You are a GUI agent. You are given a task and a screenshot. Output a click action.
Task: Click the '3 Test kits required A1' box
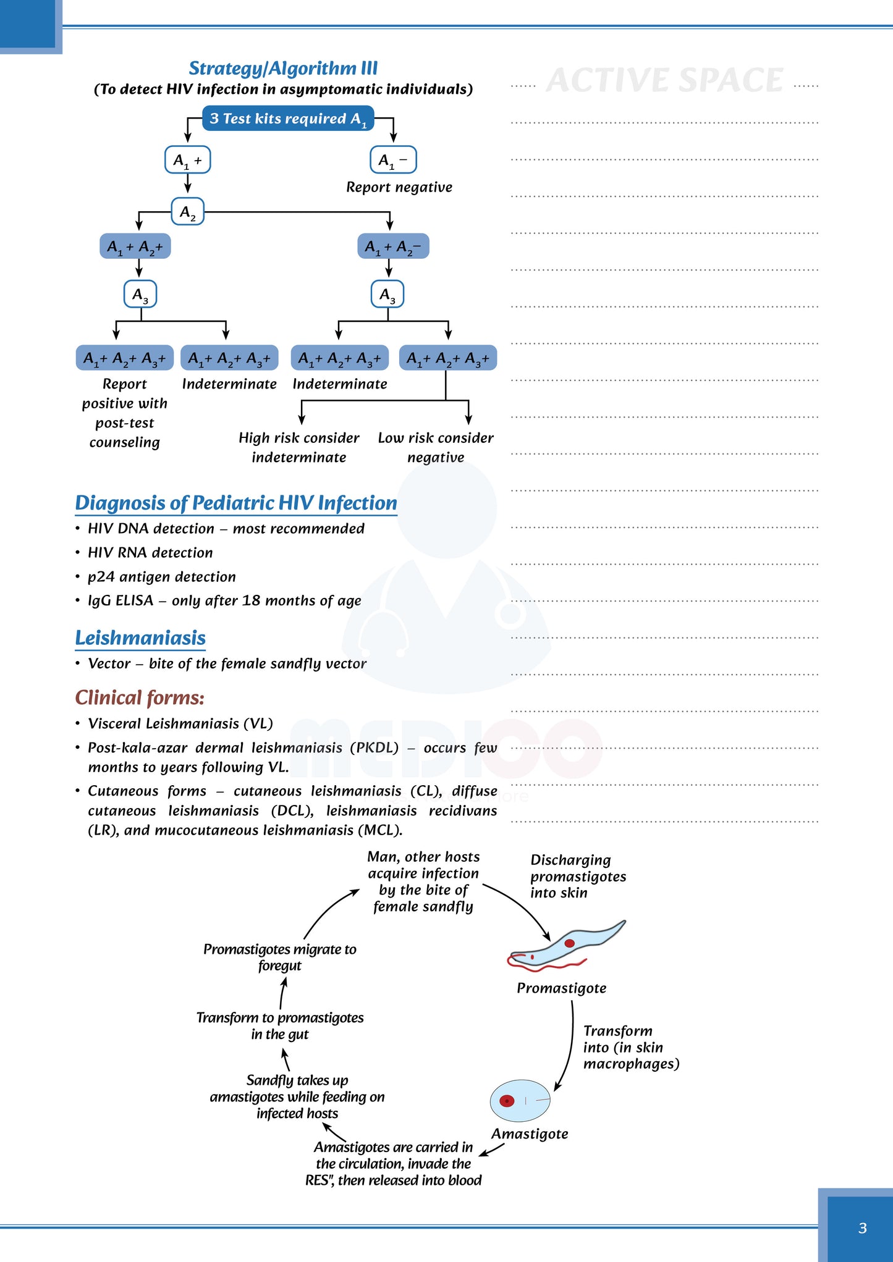coord(288,119)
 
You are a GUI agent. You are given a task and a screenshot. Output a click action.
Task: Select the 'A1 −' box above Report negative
coord(393,160)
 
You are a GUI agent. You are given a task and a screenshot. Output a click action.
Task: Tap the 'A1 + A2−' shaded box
coord(393,246)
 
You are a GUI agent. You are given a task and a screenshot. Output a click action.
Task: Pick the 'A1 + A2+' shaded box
coord(135,246)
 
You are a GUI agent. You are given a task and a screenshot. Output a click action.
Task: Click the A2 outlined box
coord(188,212)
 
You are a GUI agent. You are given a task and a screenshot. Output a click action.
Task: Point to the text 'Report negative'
coord(399,187)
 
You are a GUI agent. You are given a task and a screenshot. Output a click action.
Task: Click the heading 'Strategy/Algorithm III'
coord(283,68)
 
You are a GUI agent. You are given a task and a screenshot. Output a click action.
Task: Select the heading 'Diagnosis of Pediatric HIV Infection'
coord(236,503)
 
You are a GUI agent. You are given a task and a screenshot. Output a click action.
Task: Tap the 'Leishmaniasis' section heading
coord(140,638)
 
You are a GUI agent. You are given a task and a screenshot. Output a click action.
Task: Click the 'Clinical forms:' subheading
coord(140,698)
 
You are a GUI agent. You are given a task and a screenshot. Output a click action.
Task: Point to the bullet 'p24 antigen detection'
coord(162,577)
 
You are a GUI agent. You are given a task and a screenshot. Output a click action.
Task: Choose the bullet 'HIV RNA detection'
coord(150,553)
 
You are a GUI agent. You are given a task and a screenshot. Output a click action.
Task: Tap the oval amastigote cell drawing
coord(520,1101)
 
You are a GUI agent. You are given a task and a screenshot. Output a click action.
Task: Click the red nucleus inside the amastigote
coord(507,1101)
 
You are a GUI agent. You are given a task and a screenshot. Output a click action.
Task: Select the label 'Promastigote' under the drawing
coord(561,988)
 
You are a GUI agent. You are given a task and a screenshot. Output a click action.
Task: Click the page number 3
coord(863,1228)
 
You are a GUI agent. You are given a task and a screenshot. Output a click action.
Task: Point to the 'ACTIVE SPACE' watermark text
coord(665,81)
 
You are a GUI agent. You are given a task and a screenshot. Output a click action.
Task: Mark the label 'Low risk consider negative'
coord(436,447)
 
